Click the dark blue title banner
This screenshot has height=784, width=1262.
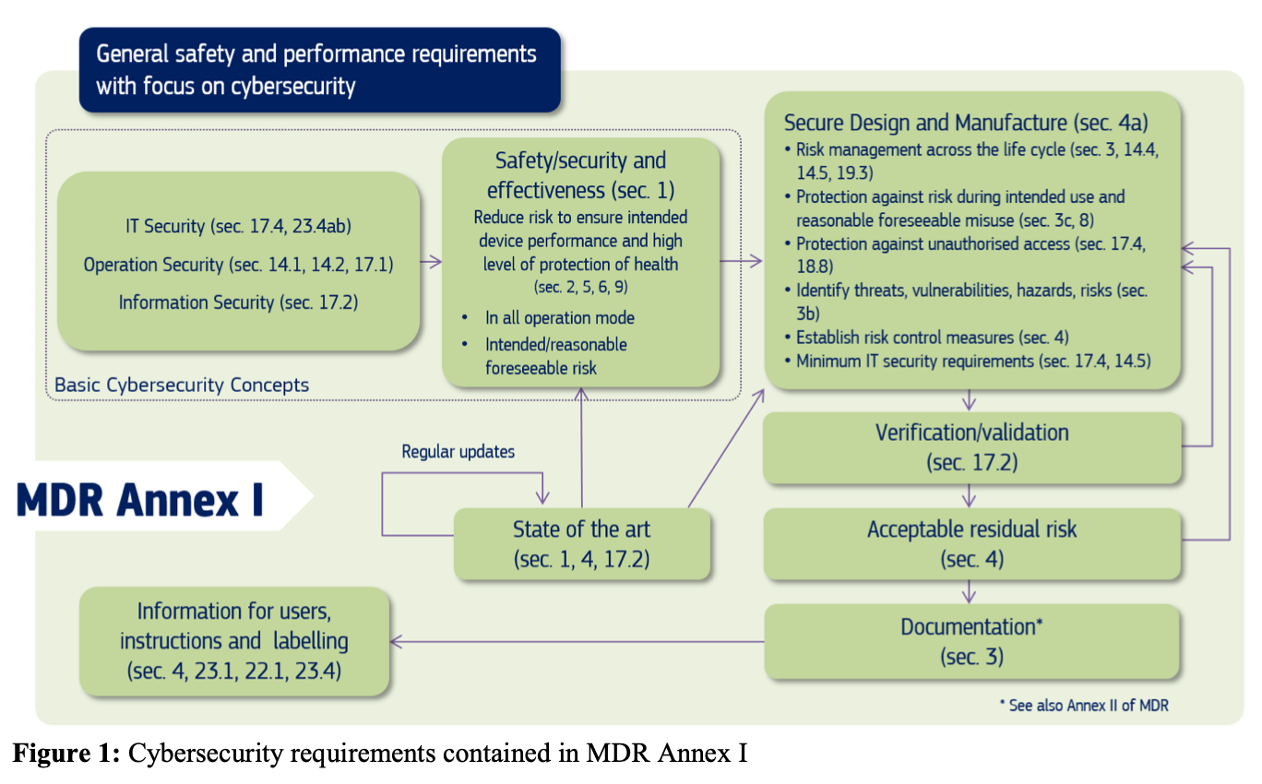(319, 69)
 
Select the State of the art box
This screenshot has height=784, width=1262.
(581, 543)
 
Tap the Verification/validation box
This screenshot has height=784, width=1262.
(971, 447)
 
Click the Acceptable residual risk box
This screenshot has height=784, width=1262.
(971, 543)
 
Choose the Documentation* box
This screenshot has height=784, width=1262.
(971, 641)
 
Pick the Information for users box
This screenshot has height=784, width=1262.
(234, 641)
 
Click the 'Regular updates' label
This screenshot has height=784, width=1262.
(458, 451)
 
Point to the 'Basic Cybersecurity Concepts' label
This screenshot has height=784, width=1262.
(182, 385)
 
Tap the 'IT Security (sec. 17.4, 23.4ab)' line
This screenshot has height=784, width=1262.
(238, 226)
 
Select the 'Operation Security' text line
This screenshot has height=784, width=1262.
(238, 265)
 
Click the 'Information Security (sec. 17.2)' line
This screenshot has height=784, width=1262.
(238, 302)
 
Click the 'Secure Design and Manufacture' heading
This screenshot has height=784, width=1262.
(966, 123)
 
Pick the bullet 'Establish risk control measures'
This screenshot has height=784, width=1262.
(932, 338)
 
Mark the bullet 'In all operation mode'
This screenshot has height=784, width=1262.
(559, 317)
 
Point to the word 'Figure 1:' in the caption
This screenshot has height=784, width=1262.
(65, 754)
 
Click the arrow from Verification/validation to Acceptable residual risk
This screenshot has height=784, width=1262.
(969, 495)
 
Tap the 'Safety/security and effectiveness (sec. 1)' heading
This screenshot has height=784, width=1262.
(580, 175)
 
